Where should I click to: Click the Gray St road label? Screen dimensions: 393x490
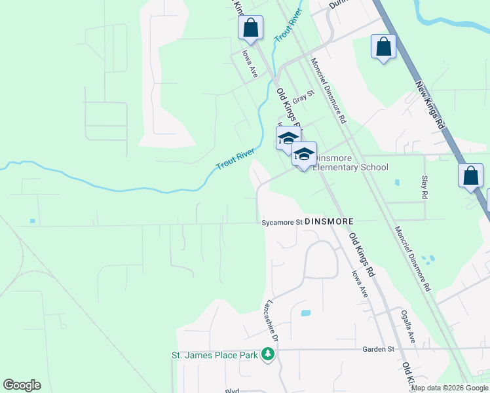[x=303, y=97]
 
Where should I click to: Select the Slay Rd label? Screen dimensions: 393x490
[x=424, y=187]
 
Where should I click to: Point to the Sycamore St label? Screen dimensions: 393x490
[x=282, y=222]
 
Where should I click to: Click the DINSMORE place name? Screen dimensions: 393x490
[x=330, y=222]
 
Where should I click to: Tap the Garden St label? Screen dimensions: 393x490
[x=379, y=349]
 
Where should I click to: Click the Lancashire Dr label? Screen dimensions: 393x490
[x=273, y=322]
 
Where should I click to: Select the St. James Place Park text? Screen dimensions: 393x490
[x=215, y=355]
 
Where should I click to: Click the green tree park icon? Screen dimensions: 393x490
[x=267, y=355]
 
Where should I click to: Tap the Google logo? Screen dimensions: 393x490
[x=22, y=385]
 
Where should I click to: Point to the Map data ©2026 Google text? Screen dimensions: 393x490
[x=449, y=388]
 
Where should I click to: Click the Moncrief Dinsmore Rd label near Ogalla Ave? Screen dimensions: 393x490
[x=413, y=259]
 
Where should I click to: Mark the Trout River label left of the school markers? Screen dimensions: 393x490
[x=235, y=158]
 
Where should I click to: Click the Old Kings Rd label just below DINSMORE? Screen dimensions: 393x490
[x=361, y=254]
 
